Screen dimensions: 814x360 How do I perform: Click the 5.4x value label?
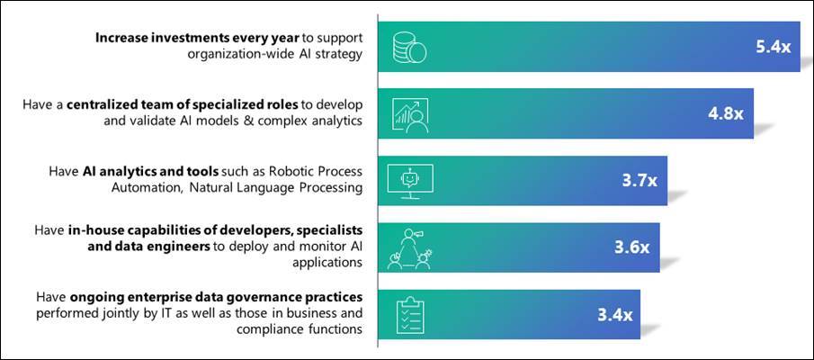(773, 47)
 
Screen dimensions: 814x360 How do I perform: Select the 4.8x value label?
(726, 113)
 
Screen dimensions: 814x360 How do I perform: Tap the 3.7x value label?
(640, 181)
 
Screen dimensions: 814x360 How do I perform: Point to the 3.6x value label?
(631, 247)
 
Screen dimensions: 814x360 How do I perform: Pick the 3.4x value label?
(615, 315)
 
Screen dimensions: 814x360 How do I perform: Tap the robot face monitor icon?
(409, 181)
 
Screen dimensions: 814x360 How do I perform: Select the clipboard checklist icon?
(410, 316)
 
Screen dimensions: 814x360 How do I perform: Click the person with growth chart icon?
(409, 113)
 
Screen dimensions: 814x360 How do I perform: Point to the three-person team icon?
(409, 248)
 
